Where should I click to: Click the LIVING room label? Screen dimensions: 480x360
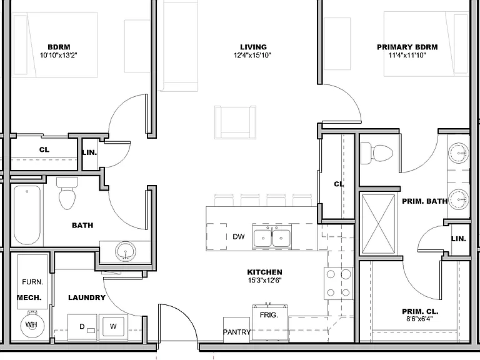253,47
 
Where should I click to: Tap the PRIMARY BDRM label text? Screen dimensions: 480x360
407,47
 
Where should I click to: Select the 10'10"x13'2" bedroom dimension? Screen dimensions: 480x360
59,56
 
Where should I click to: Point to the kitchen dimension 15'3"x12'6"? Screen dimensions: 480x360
265,280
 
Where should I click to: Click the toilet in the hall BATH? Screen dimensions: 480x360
67,194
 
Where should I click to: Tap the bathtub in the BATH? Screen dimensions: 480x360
27,215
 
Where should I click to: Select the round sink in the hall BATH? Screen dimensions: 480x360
126,251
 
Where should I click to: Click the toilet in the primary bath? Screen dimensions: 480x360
376,154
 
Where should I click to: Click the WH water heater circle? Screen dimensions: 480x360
32,325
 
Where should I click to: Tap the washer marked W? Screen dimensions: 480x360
113,327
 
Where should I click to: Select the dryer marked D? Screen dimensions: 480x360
82,327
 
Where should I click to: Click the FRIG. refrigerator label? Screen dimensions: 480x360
269,315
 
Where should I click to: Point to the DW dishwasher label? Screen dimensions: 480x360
239,237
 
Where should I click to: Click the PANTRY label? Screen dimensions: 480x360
237,332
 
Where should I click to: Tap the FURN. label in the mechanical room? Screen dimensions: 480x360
32,282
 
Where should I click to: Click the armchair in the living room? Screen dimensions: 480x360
236,122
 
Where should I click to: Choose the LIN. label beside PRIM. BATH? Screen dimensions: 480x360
459,239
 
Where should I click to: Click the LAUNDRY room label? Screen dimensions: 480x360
87,297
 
